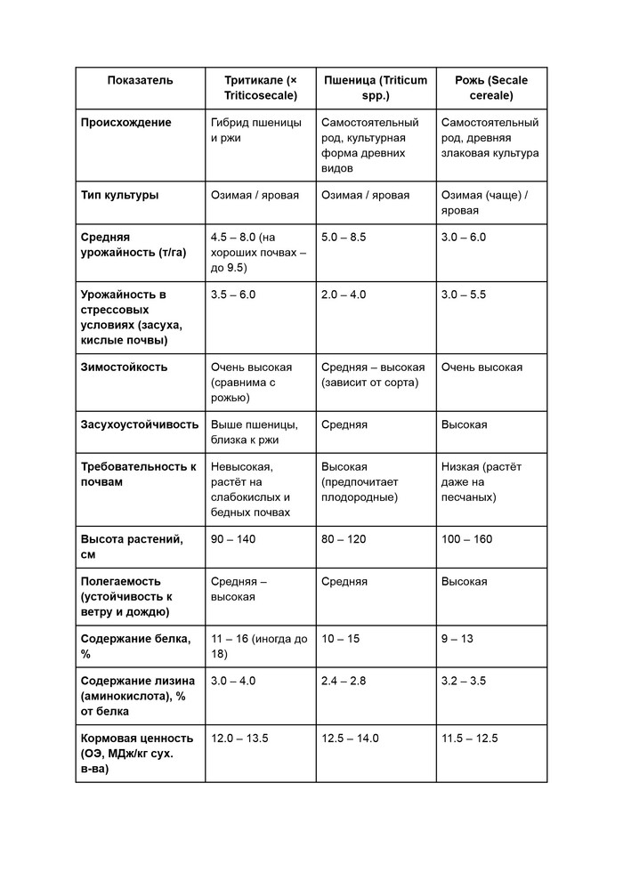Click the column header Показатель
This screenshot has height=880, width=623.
coord(140,80)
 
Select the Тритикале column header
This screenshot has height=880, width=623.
coord(260,87)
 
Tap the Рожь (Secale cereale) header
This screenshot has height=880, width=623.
coord(490,87)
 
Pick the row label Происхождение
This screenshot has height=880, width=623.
coord(125,123)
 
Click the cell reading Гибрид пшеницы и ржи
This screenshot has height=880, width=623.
coord(255,131)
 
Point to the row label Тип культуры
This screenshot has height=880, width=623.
coord(119,195)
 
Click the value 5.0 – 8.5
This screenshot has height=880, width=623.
coord(344,238)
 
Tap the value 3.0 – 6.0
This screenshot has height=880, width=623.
coord(464,238)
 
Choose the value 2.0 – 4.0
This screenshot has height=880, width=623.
coord(344,295)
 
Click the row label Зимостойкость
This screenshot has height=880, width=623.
coord(124,367)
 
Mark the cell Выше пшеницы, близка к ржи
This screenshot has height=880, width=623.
coord(254,432)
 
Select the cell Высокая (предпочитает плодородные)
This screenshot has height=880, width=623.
coord(360,481)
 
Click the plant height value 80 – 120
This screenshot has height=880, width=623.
coord(344,539)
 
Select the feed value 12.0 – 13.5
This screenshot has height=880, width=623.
coord(239,739)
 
